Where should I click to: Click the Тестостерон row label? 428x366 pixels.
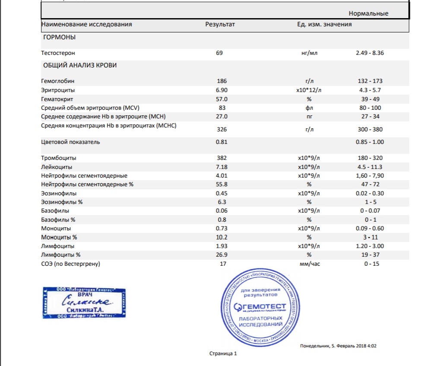click(x=58, y=53)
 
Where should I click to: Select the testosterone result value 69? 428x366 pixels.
click(x=219, y=53)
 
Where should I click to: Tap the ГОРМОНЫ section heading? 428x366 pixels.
click(x=59, y=38)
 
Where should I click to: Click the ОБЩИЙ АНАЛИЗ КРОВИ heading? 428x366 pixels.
click(x=79, y=66)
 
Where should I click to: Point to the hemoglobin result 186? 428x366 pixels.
click(x=221, y=81)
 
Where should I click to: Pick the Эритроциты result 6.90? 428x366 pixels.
click(x=222, y=90)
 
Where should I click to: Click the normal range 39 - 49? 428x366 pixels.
click(x=369, y=99)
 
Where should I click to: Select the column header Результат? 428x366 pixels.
click(x=220, y=25)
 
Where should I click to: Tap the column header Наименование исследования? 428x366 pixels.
click(x=86, y=25)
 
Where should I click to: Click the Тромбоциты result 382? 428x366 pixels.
click(x=221, y=158)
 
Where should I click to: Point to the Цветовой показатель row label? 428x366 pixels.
click(x=70, y=142)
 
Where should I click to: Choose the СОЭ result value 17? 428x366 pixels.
click(x=223, y=264)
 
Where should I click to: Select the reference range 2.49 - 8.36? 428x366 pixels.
click(x=370, y=53)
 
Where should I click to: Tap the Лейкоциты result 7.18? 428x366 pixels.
click(x=222, y=167)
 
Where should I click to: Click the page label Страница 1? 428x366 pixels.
click(x=223, y=354)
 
